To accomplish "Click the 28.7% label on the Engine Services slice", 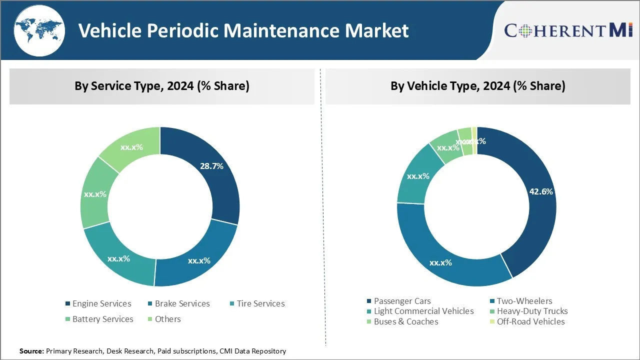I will [211, 166].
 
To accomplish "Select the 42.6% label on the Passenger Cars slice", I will [541, 191].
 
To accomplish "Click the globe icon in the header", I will [39, 30].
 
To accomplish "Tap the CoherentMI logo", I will [568, 30].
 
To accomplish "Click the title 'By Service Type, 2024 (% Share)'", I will [162, 86].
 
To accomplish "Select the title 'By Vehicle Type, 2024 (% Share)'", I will [478, 86].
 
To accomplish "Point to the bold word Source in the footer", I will [31, 351].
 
